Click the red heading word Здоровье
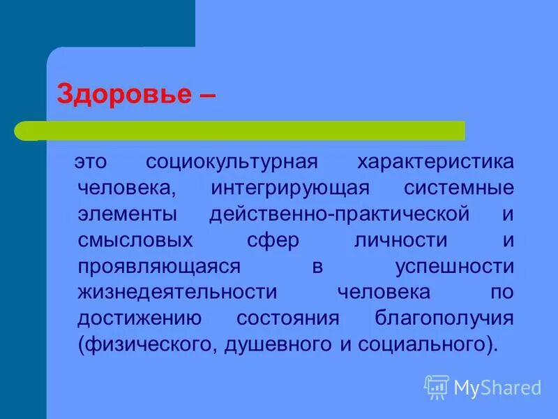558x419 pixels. (123, 94)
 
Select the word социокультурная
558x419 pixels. (232, 163)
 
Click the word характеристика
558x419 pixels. (435, 163)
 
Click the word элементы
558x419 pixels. (127, 214)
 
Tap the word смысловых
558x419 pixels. (135, 240)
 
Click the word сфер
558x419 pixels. (273, 240)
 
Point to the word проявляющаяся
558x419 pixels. (160, 266)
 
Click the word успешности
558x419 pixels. (454, 266)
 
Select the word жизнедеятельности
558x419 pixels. (177, 292)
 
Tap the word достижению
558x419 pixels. (139, 318)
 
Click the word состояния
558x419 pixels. (287, 318)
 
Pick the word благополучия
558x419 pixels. (444, 318)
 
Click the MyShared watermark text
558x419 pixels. (497, 388)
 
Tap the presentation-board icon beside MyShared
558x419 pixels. (437, 387)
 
